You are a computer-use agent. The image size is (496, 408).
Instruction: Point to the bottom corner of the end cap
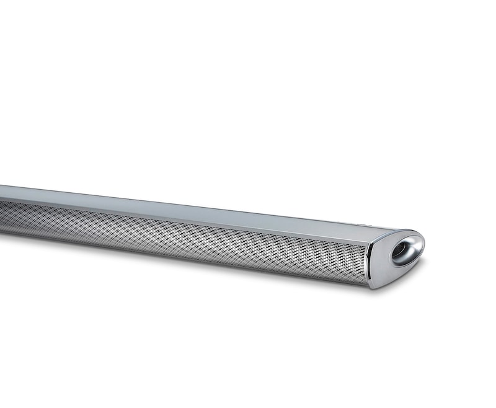[x=373, y=287]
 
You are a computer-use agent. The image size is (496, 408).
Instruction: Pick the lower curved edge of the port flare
[x=403, y=264]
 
